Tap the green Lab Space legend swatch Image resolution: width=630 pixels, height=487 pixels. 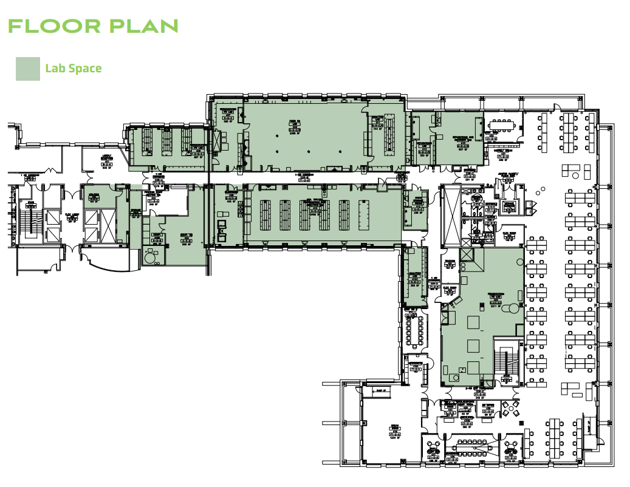[27, 69]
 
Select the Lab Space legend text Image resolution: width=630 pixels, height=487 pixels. [73, 69]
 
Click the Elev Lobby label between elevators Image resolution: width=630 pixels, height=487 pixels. [72, 216]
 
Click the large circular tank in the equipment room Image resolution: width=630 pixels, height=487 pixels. [149, 258]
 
